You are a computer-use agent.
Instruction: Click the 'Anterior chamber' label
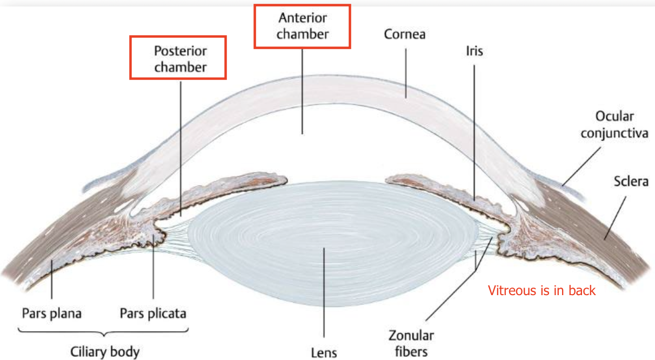(303, 26)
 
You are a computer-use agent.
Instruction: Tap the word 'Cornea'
(404, 35)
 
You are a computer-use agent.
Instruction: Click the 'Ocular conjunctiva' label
(614, 124)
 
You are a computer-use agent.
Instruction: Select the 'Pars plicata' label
(153, 314)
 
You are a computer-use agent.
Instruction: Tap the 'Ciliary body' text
(105, 352)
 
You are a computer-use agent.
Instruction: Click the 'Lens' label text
(324, 352)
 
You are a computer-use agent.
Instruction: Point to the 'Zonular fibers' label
(411, 343)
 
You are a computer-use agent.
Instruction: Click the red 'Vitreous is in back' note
(542, 291)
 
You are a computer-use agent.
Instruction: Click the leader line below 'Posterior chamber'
(181, 146)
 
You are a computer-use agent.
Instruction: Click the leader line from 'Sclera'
(616, 216)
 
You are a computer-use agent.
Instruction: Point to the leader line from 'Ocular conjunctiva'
(581, 168)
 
